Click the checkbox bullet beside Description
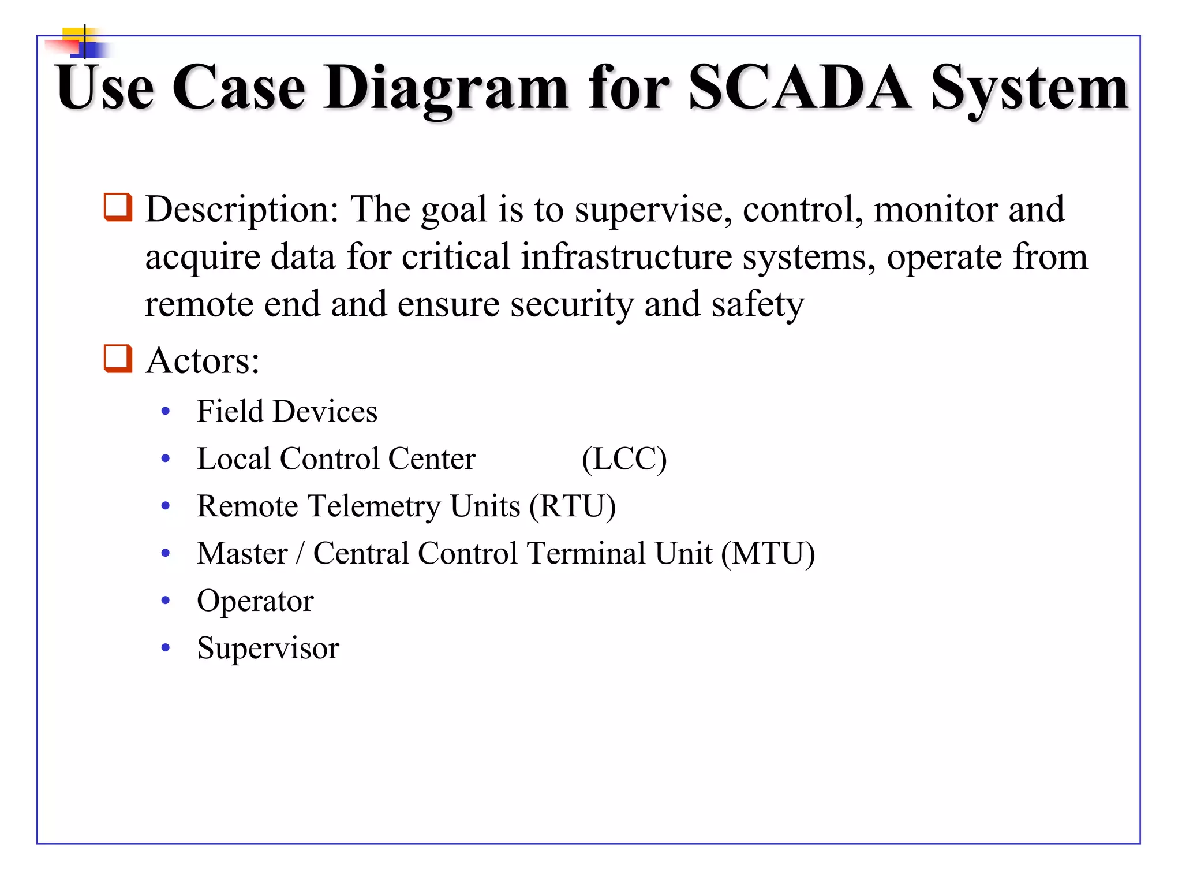[118, 207]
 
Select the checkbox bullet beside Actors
[118, 359]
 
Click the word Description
[242, 210]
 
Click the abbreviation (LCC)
[624, 460]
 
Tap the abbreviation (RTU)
[573, 506]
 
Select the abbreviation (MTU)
[768, 554]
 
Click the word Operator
[255, 601]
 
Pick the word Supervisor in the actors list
[268, 648]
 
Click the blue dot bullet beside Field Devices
[166, 412]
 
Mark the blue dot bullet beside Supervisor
[166, 648]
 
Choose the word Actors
[202, 361]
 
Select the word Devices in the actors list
[325, 412]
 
